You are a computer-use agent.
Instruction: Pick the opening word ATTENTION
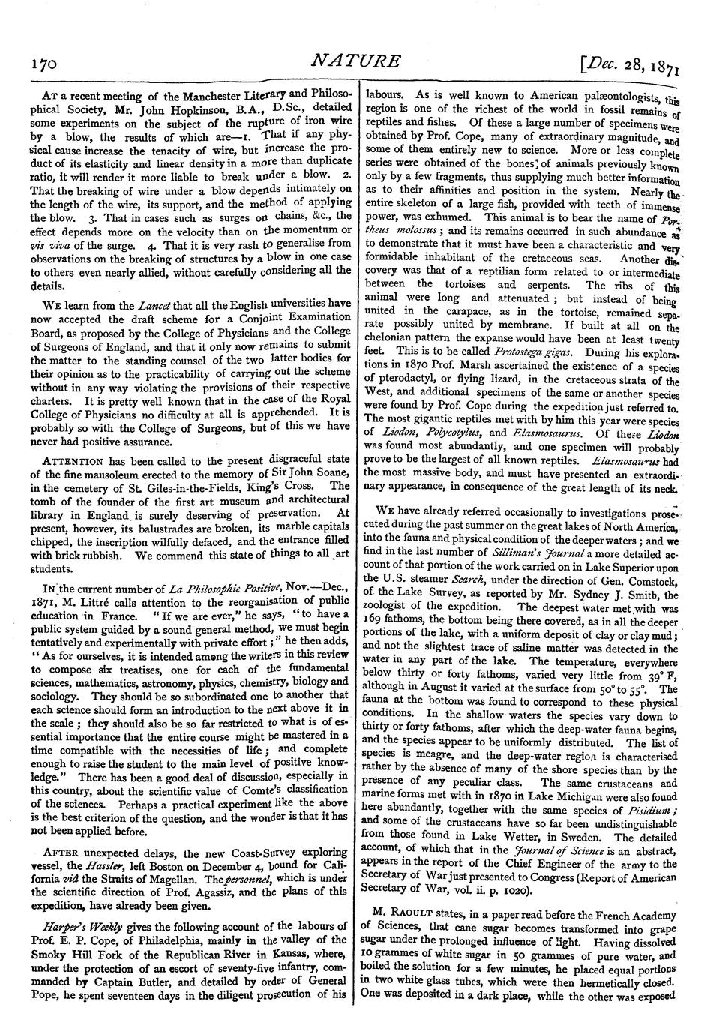click(x=67, y=460)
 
